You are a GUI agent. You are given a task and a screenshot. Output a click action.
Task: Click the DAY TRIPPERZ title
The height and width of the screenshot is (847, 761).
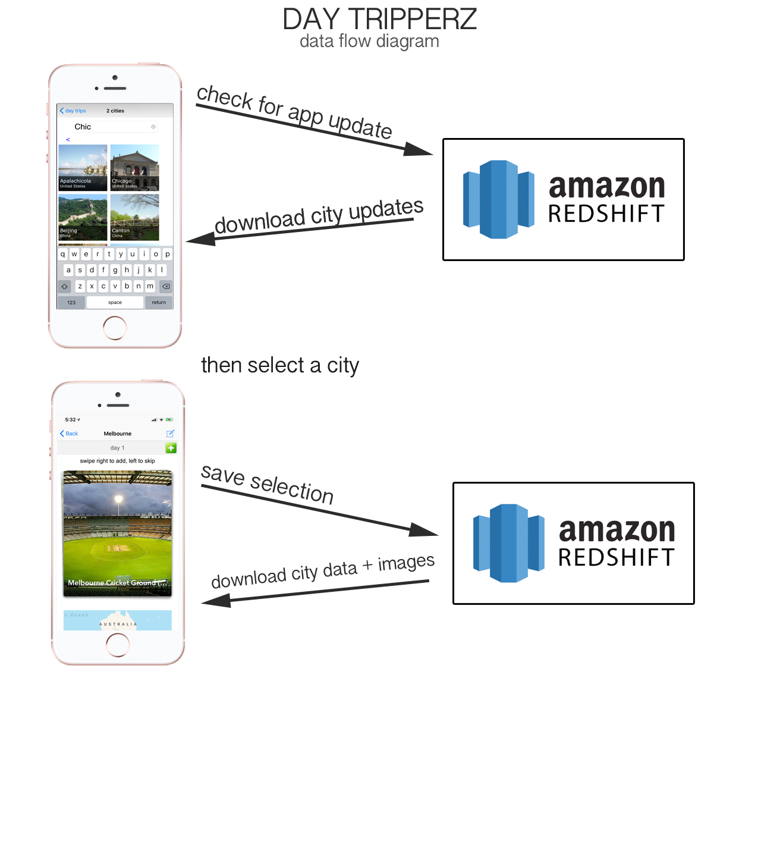pos(379,19)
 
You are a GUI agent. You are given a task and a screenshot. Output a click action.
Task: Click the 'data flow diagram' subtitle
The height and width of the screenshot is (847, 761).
pos(369,41)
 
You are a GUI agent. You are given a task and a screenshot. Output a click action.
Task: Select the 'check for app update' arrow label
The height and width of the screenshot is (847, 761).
pos(294,111)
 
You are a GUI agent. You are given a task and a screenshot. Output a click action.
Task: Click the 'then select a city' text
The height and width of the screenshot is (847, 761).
pos(280,365)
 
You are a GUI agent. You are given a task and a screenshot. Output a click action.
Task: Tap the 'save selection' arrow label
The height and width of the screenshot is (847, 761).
pos(268,484)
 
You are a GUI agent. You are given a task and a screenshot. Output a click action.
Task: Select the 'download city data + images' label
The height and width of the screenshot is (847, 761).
pos(323,572)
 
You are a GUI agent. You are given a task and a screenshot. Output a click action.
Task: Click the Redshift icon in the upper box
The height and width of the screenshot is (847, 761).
pos(498,199)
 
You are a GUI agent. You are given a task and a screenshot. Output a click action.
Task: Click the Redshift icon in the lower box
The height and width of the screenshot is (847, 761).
pos(508,543)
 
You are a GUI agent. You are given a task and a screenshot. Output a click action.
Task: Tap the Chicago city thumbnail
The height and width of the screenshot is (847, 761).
pos(135,167)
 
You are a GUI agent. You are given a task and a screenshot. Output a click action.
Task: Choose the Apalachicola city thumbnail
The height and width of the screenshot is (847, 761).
pos(83,167)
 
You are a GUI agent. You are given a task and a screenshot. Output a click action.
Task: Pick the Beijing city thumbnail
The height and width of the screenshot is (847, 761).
pos(83,217)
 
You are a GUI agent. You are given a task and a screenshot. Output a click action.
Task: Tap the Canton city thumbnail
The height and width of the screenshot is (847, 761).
pos(135,217)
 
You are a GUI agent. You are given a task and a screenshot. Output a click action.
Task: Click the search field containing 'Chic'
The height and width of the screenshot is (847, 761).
pos(113,127)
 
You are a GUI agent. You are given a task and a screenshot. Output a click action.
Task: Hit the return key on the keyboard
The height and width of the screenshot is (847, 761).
pos(159,302)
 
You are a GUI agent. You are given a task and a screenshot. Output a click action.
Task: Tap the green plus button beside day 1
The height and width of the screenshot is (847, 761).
pos(171,448)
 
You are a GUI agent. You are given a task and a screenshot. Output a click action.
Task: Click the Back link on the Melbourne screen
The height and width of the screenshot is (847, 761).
pos(69,434)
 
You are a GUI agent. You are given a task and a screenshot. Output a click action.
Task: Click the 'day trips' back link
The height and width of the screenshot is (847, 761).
pos(73,111)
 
